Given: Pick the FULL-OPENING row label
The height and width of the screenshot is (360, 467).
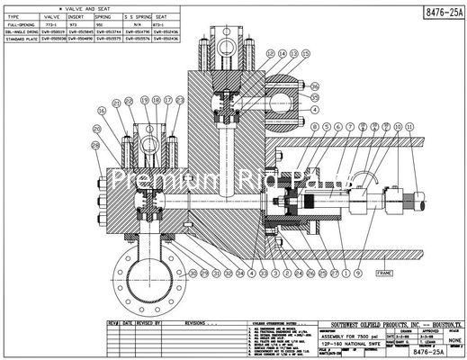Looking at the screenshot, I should pyautogui.click(x=21, y=22).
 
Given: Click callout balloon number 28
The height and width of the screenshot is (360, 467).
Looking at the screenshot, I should pyautogui.click(x=96, y=144).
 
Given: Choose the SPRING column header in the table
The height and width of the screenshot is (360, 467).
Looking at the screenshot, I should pyautogui.click(x=109, y=16).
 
